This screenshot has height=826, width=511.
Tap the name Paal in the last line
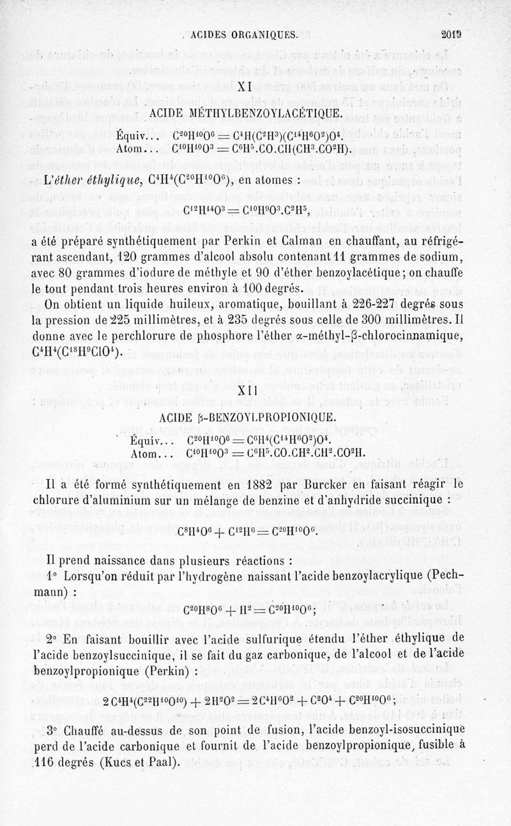(164, 762)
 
